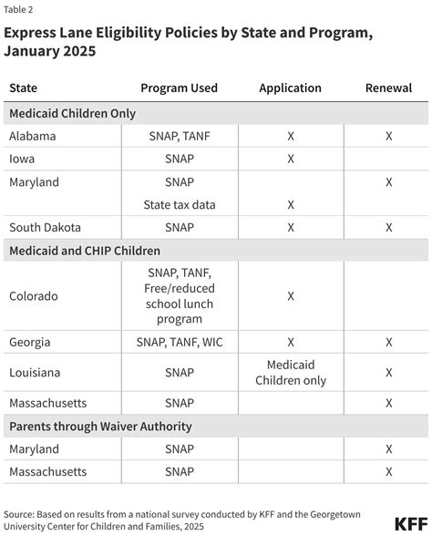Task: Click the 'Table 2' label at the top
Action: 20,9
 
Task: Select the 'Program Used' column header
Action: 179,88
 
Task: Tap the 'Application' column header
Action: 290,88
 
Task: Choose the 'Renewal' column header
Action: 388,88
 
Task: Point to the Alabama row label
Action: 33,136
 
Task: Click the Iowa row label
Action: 22,159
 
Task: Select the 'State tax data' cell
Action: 179,204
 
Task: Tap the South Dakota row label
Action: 46,227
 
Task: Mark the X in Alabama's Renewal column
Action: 388,136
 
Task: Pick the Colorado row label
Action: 35,296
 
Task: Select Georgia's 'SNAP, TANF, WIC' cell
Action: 179,343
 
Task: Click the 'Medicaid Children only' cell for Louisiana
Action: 290,372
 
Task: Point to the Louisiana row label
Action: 35,372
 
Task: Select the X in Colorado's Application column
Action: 290,296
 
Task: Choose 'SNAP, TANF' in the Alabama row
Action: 179,136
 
